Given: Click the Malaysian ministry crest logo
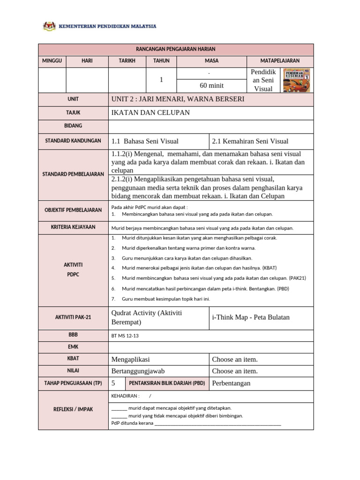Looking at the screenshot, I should click(49, 27).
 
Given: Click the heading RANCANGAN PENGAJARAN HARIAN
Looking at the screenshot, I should click(175, 49).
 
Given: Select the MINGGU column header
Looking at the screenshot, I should click(52, 61).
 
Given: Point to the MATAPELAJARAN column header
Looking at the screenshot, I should click(280, 61).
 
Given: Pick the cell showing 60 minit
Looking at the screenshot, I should click(212, 85).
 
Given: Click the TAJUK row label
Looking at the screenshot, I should click(73, 113).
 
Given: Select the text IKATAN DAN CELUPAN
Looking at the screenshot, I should click(150, 113).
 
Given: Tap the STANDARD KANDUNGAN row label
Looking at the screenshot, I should click(73, 141).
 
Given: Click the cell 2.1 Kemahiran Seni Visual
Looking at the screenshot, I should click(250, 141).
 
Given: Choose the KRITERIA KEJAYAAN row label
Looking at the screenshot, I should click(73, 227).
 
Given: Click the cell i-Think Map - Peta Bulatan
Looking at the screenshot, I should click(251, 317).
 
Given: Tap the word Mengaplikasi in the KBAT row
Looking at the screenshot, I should click(131, 360).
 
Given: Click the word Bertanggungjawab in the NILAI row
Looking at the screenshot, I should click(138, 371).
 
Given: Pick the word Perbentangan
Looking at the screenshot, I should click(231, 383).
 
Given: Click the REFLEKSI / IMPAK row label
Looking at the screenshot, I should click(73, 409).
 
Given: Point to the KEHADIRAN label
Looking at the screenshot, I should click(125, 396).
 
